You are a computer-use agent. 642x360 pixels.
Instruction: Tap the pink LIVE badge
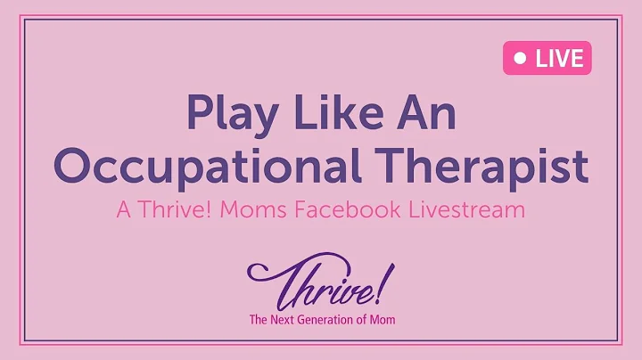547,59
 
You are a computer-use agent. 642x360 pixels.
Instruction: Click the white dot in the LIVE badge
520,60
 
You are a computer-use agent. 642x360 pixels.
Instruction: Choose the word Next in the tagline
290,319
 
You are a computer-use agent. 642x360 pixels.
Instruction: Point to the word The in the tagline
260,319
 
